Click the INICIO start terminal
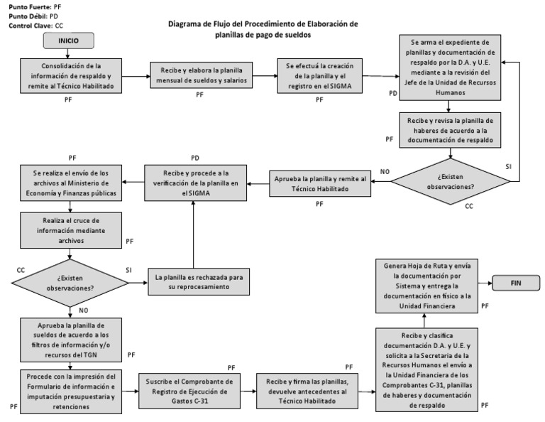point(68,42)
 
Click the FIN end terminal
point(516,282)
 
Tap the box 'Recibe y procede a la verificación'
point(191,183)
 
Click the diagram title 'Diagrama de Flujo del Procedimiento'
point(263,29)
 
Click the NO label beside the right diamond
point(385,172)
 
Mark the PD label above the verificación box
point(195,156)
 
